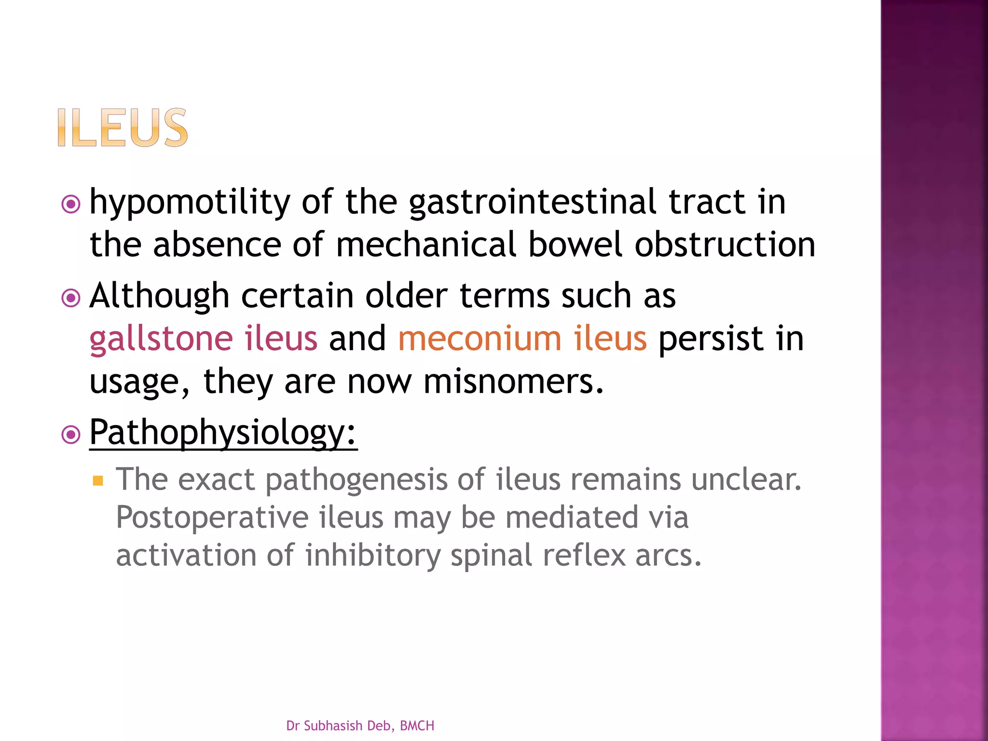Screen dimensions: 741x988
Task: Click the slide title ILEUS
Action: [123, 127]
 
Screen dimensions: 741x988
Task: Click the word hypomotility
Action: [190, 202]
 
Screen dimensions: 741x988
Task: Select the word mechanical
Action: [426, 245]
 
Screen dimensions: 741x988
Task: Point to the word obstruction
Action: [725, 245]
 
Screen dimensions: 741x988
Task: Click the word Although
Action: [159, 296]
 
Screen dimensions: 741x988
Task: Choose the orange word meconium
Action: [480, 339]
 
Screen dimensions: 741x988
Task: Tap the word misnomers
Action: [513, 381]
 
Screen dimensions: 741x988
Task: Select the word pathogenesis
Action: [356, 480]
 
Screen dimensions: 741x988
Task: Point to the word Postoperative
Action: [212, 517]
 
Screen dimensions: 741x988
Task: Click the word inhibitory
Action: [372, 555]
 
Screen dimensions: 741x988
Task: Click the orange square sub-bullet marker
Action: [98, 480]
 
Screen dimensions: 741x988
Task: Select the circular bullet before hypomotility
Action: [71, 205]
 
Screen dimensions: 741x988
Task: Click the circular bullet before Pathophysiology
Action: [71, 435]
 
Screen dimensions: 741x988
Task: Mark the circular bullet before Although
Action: [71, 298]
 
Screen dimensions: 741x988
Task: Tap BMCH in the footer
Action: [417, 726]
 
